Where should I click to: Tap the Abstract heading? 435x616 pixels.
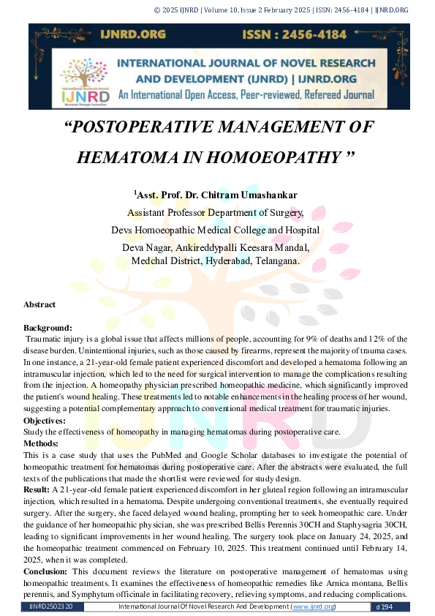39,304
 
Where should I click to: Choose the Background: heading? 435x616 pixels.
48,328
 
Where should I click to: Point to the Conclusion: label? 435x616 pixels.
46,571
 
